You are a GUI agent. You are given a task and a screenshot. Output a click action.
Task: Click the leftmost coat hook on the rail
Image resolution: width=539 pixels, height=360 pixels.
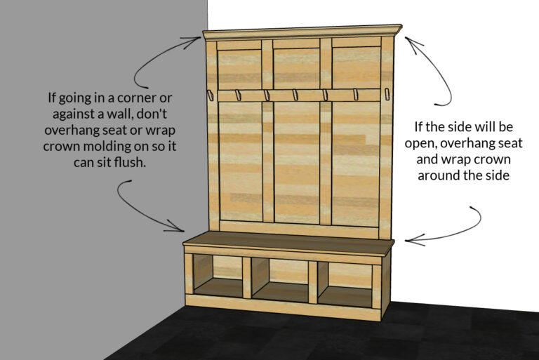click(209, 94)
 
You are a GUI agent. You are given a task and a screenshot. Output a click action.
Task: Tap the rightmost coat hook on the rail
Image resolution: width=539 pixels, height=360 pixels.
click(386, 95)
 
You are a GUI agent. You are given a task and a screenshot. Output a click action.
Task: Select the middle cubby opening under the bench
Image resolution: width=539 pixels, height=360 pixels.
click(279, 279)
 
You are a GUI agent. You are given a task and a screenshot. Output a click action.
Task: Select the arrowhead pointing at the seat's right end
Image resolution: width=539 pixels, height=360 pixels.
click(409, 241)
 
